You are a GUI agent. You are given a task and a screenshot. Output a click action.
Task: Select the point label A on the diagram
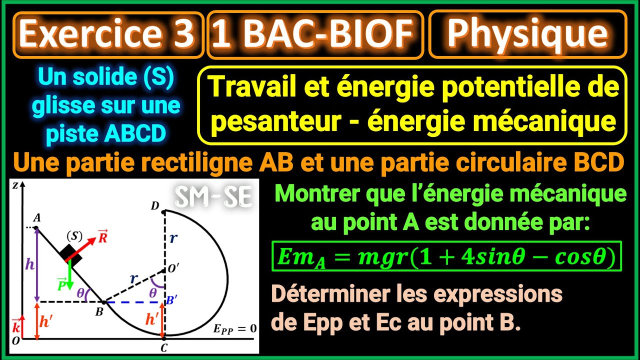pos(36,218)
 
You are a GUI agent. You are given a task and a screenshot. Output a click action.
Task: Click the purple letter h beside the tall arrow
pos(30,264)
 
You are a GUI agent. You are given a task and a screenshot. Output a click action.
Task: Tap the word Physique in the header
pos(527,34)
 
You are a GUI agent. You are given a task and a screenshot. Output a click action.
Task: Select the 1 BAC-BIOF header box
pos(315,34)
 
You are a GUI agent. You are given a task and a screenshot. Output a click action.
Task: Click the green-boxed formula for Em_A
pos(446,257)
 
